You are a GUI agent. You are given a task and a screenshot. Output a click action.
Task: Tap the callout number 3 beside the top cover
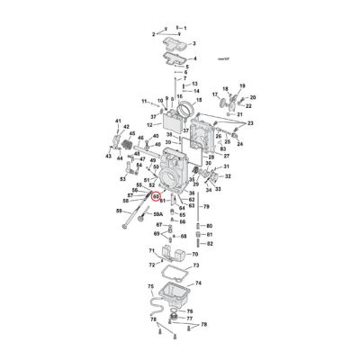pos(193,42)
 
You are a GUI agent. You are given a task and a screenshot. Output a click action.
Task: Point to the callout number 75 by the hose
pos(150,285)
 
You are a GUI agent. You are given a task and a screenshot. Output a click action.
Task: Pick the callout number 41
pos(118,121)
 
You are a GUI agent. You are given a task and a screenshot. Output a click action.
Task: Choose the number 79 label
pos(205,207)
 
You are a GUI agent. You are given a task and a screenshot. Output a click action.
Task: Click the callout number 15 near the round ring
pos(197,105)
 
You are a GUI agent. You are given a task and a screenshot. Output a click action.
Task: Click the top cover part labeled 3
pos(171,40)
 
